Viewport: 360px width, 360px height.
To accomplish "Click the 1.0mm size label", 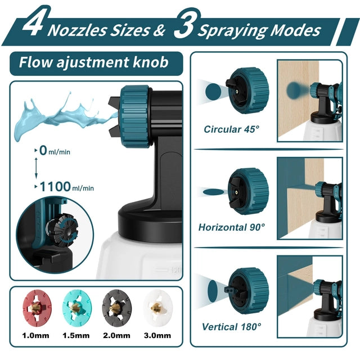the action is click(x=35, y=336).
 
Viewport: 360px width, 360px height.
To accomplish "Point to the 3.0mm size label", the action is click(x=157, y=336).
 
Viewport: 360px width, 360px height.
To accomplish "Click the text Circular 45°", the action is click(x=231, y=129).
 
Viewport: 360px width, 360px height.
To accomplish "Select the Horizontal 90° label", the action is click(x=232, y=227).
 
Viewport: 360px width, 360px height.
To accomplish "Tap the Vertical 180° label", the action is click(x=231, y=326).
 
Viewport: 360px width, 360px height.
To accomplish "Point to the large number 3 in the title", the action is click(x=186, y=23).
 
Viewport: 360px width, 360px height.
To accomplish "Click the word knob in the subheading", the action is click(x=151, y=62).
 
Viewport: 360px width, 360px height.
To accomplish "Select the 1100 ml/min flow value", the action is click(x=66, y=187).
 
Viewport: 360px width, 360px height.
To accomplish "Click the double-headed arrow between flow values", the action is click(x=36, y=168).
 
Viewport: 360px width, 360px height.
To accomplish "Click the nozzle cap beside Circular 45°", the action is click(x=247, y=91).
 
